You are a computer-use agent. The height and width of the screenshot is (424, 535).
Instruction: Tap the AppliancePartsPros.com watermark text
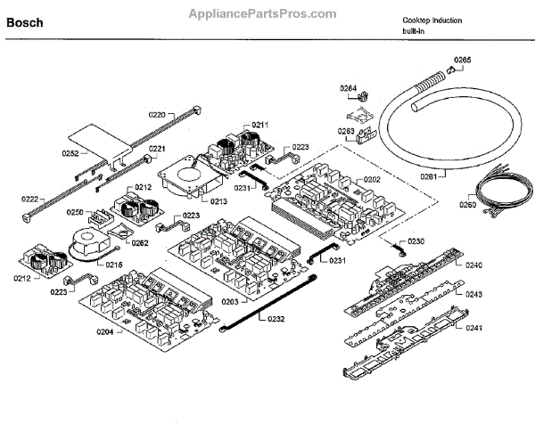point(263,14)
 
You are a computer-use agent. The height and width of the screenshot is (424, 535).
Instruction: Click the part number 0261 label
point(429,176)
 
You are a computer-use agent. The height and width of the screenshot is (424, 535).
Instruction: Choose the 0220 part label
point(157,115)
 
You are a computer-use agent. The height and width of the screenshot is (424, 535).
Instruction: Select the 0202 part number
point(372,180)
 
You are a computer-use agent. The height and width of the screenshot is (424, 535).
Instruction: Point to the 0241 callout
point(473,327)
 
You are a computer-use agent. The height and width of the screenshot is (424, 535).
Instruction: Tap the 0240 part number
point(473,265)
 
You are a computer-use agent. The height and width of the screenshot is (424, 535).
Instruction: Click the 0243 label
point(473,293)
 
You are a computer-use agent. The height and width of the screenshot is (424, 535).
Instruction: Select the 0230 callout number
point(417,242)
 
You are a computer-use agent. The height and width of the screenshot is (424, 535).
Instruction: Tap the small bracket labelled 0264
point(359,112)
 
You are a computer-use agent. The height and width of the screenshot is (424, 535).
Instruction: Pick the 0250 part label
point(75,213)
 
